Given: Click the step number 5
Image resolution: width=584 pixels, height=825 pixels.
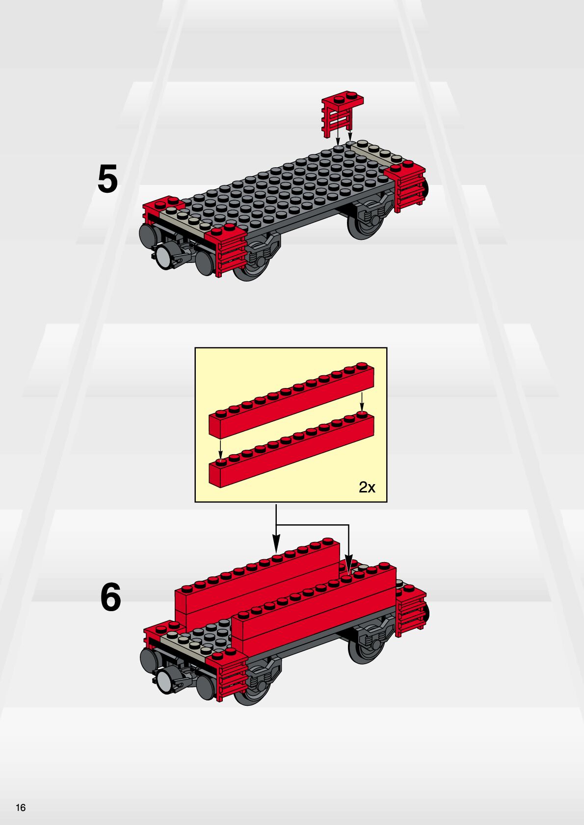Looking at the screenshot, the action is coord(107,179).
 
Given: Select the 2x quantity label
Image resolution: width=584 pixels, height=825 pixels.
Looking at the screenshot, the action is coord(367,487).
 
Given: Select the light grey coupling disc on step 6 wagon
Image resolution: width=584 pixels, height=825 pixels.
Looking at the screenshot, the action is coord(163,679).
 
